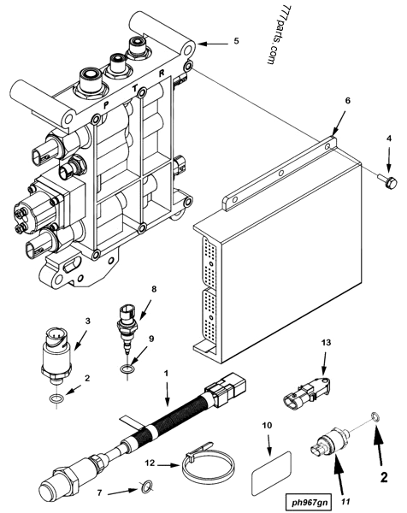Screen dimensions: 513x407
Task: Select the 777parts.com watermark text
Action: click(x=268, y=42)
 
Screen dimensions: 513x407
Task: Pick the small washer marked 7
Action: click(x=145, y=487)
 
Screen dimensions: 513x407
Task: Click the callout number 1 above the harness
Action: click(x=166, y=374)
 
